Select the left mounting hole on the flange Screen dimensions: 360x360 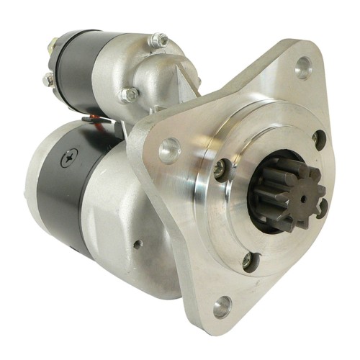168,150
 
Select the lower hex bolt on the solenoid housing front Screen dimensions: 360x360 131,94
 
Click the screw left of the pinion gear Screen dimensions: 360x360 221,171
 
